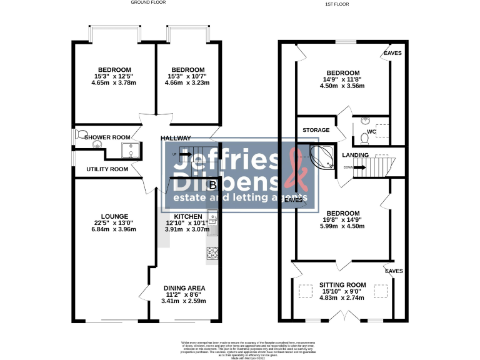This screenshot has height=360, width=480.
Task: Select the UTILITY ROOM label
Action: point(107,169)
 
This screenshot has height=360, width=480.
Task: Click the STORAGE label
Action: point(316,130)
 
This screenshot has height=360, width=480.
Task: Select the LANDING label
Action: point(355,155)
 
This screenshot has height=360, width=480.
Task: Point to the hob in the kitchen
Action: point(212,253)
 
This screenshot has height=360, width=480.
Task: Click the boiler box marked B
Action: point(212,185)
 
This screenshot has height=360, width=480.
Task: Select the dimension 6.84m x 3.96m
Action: point(114,229)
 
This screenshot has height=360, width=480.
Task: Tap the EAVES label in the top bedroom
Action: point(392,53)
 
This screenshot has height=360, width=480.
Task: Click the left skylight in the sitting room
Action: point(305,291)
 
